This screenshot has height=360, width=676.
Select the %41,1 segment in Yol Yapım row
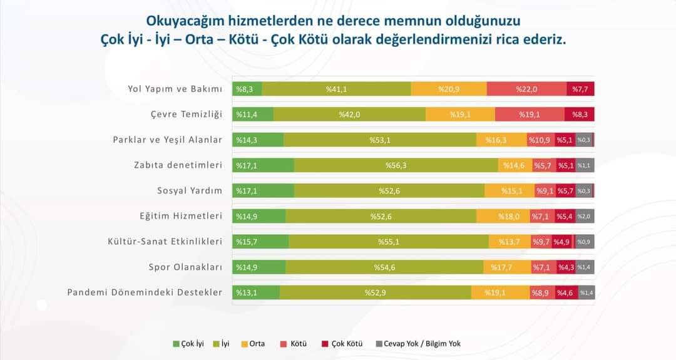click(336, 89)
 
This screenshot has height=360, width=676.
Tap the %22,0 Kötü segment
click(526, 89)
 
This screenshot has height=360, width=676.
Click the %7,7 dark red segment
click(580, 89)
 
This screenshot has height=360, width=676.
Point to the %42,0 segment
click(349, 115)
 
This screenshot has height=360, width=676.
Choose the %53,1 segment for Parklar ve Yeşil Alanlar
click(379, 140)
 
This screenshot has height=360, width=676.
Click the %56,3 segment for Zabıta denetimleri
click(396, 165)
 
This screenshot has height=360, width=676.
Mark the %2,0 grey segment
click(585, 216)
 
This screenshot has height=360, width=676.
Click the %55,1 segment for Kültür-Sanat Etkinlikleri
click(389, 242)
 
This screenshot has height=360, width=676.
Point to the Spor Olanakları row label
click(185, 267)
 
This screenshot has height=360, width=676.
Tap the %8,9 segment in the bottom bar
click(542, 292)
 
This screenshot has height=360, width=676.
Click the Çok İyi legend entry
click(188, 344)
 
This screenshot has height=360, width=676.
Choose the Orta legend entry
click(253, 344)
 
